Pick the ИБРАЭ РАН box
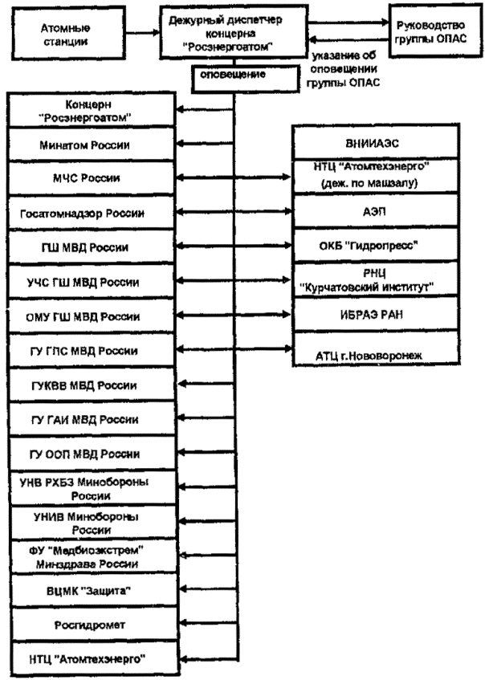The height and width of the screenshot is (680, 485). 370,316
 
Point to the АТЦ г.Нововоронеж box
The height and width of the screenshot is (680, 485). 370,352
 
